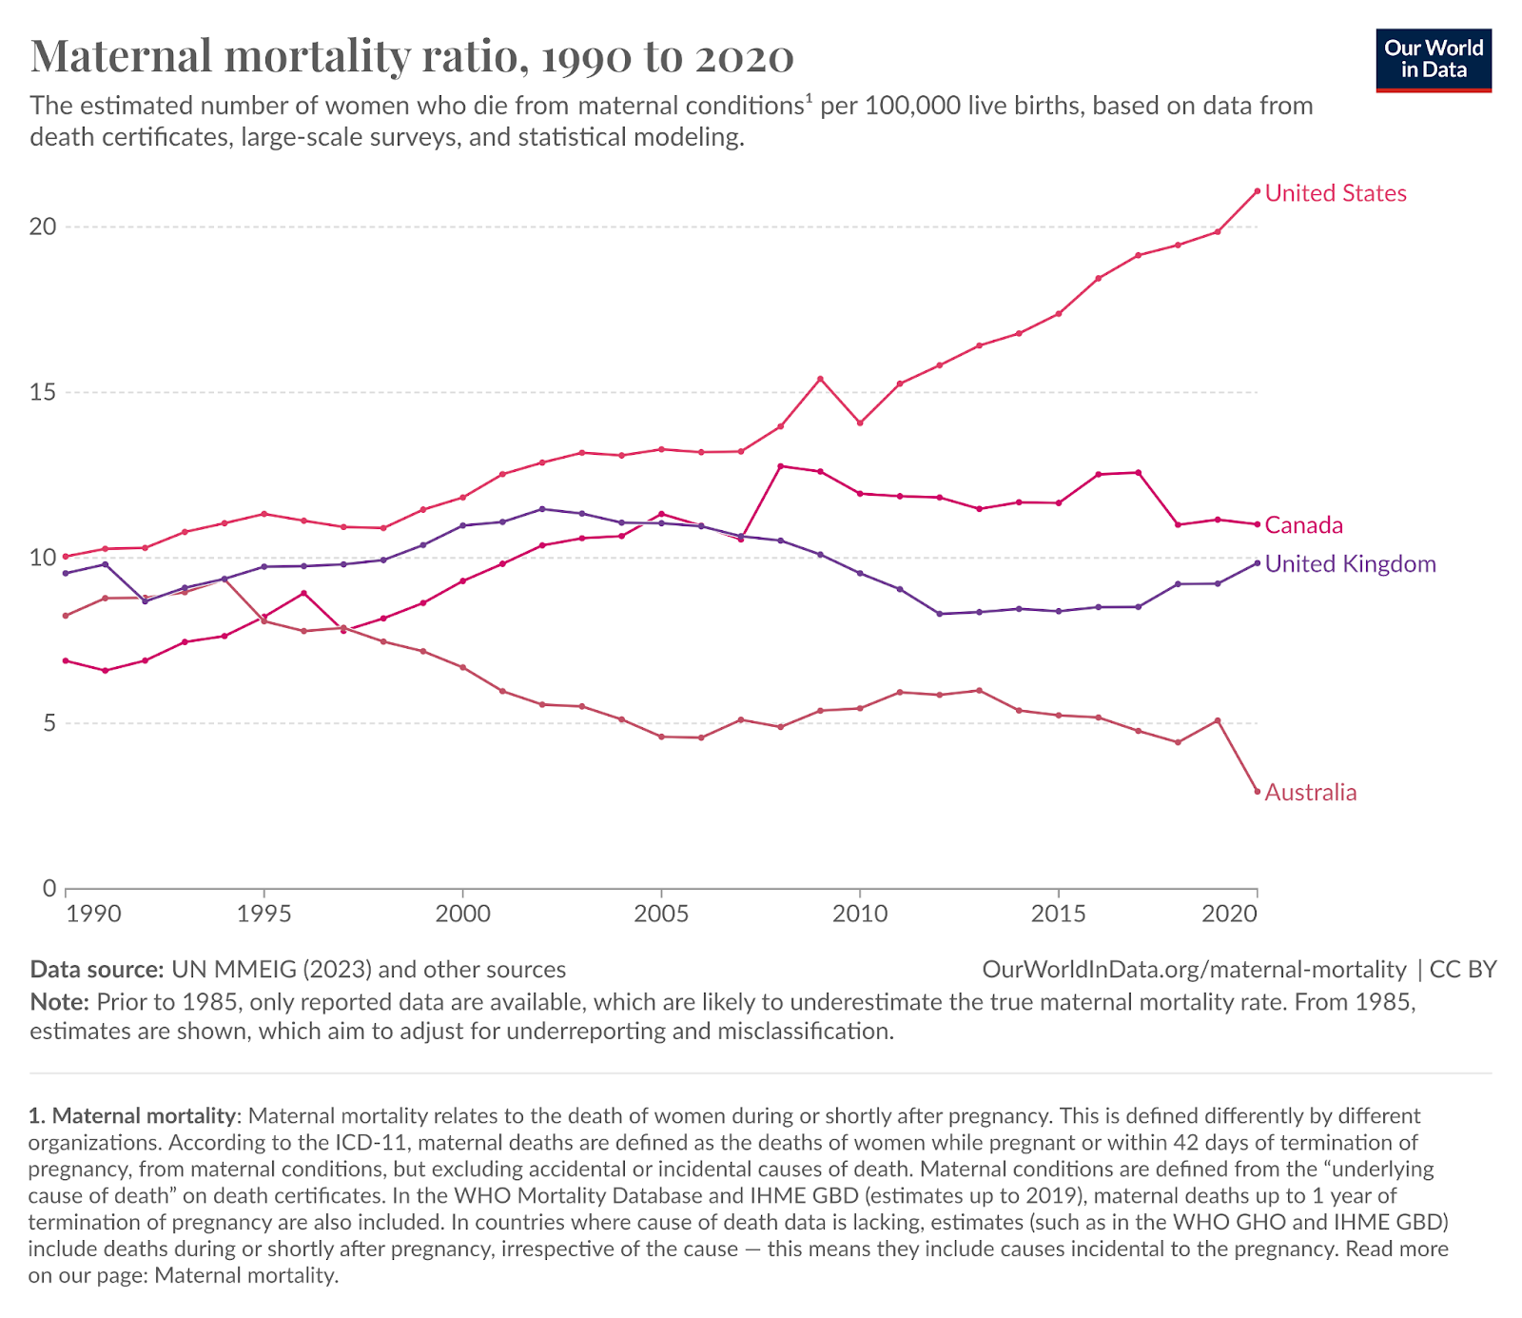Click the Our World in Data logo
pos(1434,59)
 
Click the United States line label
pos(1336,193)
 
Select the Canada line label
pos(1304,525)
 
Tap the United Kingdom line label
pos(1350,564)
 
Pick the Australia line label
pos(1311,793)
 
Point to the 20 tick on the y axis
pos(43,226)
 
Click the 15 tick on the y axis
pos(43,392)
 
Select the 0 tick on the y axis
pos(49,889)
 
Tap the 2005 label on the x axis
pos(661,915)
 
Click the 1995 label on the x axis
pos(263,915)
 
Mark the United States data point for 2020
pos(1258,191)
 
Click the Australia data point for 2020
pos(1258,792)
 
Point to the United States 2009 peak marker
pos(820,379)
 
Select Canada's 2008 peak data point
pos(781,466)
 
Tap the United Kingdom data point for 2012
pos(940,614)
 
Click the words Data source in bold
pos(97,970)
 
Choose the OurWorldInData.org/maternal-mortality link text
pos(1194,970)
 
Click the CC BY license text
pos(1463,970)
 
